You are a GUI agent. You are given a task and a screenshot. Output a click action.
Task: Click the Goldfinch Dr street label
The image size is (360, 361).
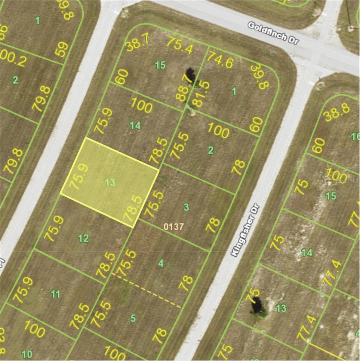tap(273, 33)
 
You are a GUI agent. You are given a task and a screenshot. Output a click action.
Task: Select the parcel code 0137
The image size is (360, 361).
tap(174, 227)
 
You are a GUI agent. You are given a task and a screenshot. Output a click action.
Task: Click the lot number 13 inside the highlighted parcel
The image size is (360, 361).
tap(110, 182)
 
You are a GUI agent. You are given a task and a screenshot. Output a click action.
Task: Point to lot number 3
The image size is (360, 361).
tap(186, 207)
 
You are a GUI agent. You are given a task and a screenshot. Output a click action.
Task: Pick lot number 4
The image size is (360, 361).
tap(161, 263)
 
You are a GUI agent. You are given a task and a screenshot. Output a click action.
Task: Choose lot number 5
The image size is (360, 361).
tap(133, 318)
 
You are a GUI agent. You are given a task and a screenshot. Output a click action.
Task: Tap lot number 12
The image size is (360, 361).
tap(83, 239)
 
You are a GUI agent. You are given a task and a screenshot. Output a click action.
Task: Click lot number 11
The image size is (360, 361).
tap(55, 294)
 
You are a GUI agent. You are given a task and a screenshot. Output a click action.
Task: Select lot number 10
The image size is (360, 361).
tap(27, 353)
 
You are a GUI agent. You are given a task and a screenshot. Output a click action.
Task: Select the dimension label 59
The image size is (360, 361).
tap(62, 49)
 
